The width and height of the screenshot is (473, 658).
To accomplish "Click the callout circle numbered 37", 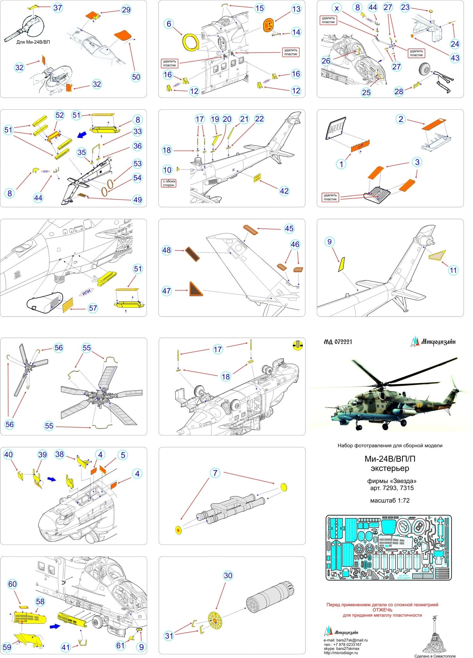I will (57, 8).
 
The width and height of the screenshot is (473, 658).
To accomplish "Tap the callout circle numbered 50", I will (136, 77).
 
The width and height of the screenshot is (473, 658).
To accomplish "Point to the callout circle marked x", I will (337, 8).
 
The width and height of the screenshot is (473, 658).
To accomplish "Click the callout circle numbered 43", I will (455, 58).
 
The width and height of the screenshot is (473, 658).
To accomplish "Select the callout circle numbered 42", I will (284, 191).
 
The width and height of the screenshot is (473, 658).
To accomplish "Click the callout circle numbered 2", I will (400, 119).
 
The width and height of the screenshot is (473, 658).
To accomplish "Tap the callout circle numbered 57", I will (93, 308).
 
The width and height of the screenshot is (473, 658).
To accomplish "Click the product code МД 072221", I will (338, 342).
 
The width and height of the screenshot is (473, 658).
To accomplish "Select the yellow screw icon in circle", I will (298, 345).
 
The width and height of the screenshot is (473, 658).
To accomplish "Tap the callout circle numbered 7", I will (215, 473).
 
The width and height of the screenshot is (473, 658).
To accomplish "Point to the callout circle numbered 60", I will (12, 584).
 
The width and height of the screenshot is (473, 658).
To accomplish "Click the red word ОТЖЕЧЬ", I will (382, 610).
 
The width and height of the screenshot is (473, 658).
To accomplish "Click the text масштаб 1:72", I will (390, 501).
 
